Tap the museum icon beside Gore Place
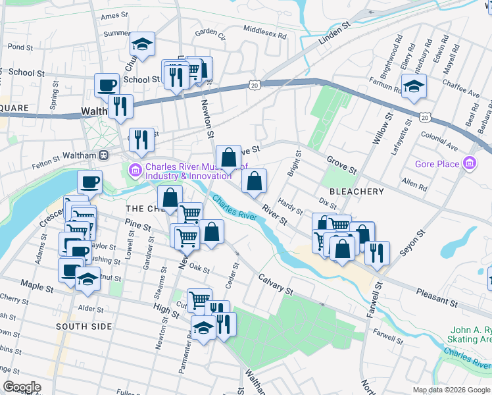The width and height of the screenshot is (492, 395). pos(470,163)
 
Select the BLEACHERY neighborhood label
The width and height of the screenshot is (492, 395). pos(356,192)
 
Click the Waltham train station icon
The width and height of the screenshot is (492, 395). pos(103,155)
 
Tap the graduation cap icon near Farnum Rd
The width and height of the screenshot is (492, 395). pos(414,86)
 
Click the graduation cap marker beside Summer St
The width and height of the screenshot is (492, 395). pos(142,44)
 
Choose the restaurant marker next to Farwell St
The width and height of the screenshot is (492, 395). pos(377,252)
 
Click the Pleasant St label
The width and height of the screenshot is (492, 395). pos(437,298)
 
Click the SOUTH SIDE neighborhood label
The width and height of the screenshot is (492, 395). pos(80,327)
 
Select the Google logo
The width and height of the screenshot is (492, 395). pos(22,387)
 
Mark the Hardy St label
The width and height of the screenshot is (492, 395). pos(289,206)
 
